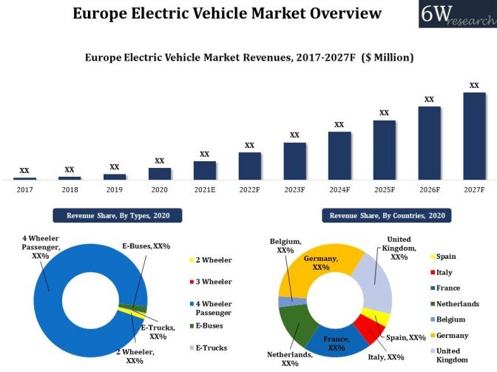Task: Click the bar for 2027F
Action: [x=474, y=136]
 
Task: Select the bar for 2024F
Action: [x=339, y=155]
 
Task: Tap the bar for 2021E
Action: [x=205, y=170]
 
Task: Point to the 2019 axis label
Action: [x=115, y=189]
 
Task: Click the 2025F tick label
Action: [x=384, y=189]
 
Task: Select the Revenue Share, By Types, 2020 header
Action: [x=117, y=216]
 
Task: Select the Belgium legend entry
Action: [x=450, y=319]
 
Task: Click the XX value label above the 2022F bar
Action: [x=249, y=145]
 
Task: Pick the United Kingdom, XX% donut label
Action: [x=399, y=248]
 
